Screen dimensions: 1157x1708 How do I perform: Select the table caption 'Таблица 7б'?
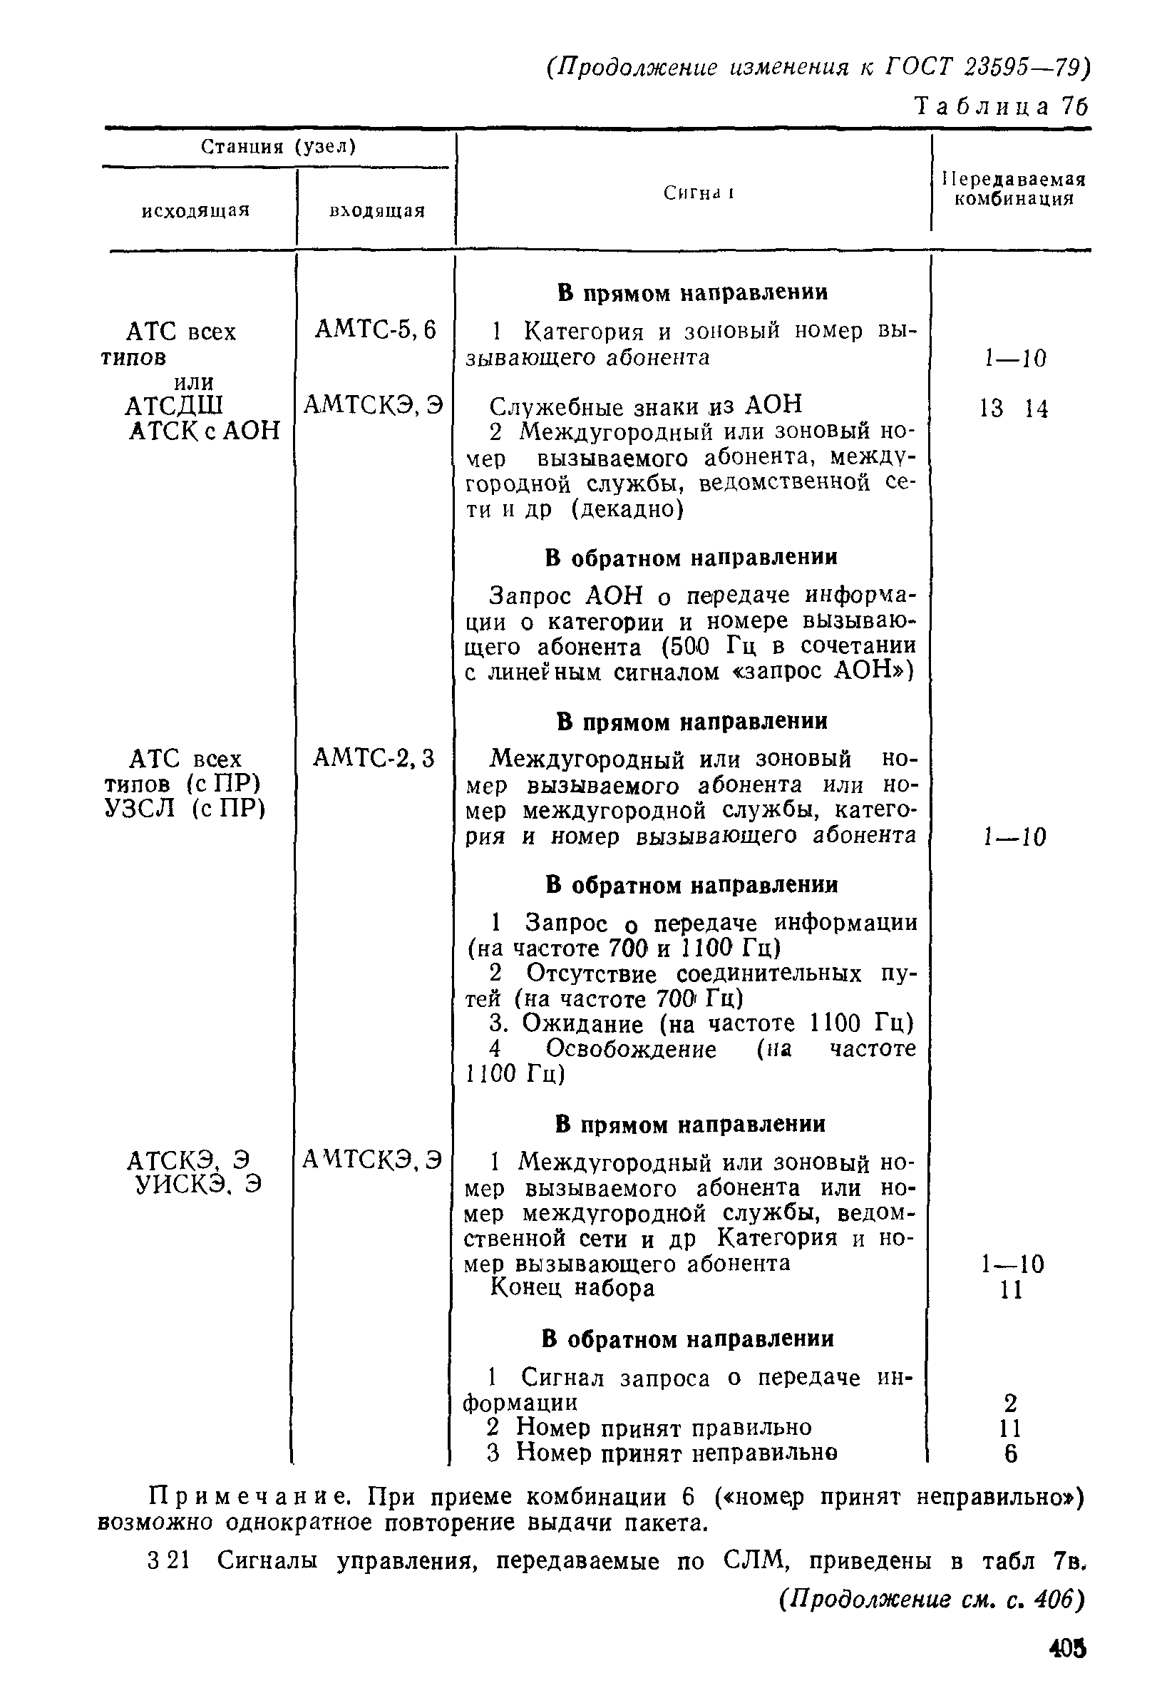click(1001, 107)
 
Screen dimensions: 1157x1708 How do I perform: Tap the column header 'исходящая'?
click(196, 211)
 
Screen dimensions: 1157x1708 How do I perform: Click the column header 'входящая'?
click(377, 211)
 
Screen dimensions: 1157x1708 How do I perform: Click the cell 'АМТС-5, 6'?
click(376, 331)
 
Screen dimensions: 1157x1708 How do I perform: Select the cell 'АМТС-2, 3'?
click(374, 757)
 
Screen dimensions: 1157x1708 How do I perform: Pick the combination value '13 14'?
click(1014, 409)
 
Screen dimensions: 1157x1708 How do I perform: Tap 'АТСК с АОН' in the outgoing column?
click(204, 431)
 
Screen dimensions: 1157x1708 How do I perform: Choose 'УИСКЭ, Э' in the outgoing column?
click(198, 1185)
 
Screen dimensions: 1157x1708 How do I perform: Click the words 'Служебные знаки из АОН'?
click(646, 406)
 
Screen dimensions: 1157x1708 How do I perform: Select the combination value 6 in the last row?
click(1011, 1453)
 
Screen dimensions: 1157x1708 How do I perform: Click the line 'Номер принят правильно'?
click(664, 1427)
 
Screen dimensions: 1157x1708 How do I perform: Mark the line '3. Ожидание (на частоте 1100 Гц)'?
click(701, 1024)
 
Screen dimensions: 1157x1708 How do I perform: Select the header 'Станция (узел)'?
click(279, 147)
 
